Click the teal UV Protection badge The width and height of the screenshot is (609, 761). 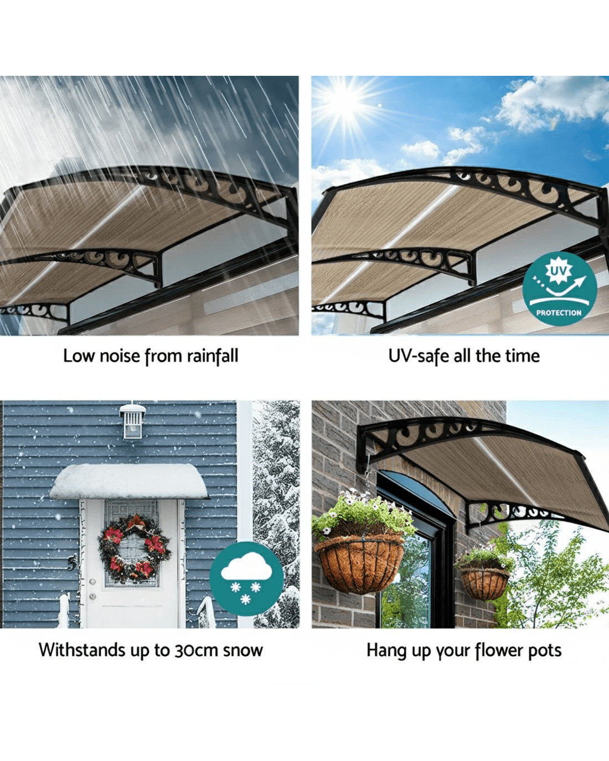[560, 288]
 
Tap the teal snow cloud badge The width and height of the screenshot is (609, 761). [246, 578]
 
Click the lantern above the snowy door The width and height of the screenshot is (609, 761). [133, 421]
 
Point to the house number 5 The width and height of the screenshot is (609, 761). [72, 562]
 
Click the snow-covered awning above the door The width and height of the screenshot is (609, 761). [129, 482]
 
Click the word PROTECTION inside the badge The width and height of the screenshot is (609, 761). [559, 313]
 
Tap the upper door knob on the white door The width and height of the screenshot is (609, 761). [92, 582]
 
